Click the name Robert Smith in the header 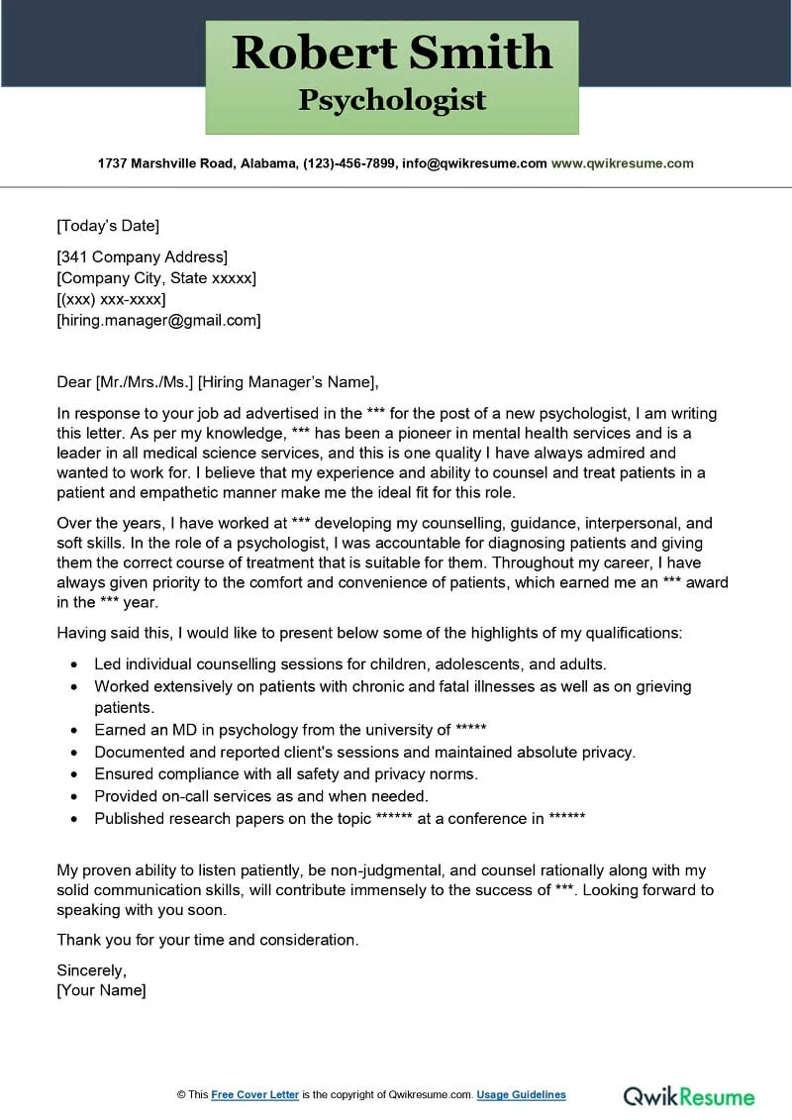click(x=392, y=51)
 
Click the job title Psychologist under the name click(x=392, y=100)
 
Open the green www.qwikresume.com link click(x=622, y=163)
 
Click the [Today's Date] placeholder click(x=108, y=226)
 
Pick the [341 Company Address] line click(x=142, y=257)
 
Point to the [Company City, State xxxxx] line click(x=156, y=278)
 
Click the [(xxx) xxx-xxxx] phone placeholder click(x=111, y=299)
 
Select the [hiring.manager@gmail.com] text click(x=158, y=320)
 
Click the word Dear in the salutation click(x=74, y=382)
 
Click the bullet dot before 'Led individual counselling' click(x=75, y=664)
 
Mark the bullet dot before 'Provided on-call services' click(x=75, y=796)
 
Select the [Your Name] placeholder click(x=101, y=990)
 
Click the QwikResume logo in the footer click(x=688, y=1096)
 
